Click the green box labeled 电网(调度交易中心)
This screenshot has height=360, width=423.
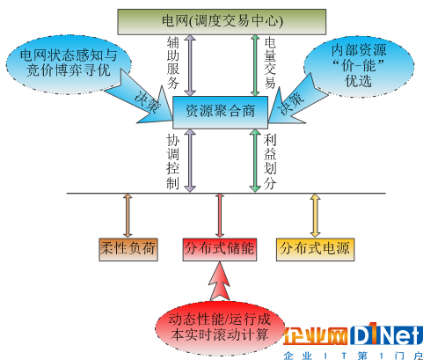pyautogui.click(x=222, y=22)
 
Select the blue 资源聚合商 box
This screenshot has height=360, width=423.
pyautogui.click(x=220, y=113)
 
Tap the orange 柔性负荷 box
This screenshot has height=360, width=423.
pyautogui.click(x=128, y=249)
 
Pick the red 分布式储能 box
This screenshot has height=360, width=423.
pyautogui.click(x=220, y=249)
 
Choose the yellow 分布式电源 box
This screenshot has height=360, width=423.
pyautogui.click(x=315, y=249)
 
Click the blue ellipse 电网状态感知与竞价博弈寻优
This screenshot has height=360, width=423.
pyautogui.click(x=68, y=64)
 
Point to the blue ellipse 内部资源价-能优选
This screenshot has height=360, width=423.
pyautogui.click(x=359, y=66)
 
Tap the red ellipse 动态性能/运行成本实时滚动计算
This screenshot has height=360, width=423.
pyautogui.click(x=220, y=327)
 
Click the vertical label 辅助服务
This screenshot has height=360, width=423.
pyautogui.click(x=173, y=62)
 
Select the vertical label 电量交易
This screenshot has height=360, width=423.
pyautogui.click(x=270, y=62)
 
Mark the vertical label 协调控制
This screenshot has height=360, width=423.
pyautogui.click(x=172, y=162)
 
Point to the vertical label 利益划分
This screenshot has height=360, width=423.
pyautogui.click(x=270, y=162)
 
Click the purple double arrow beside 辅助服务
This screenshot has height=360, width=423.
pyautogui.click(x=191, y=65)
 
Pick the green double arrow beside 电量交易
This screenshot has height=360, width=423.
pyautogui.click(x=255, y=65)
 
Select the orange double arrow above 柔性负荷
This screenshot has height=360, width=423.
pyautogui.click(x=128, y=216)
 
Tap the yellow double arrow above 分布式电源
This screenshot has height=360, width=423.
pyautogui.click(x=315, y=216)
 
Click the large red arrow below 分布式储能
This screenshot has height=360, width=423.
pyautogui.click(x=220, y=282)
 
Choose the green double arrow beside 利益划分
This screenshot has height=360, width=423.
pyautogui.click(x=255, y=161)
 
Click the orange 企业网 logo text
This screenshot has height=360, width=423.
pyautogui.click(x=316, y=336)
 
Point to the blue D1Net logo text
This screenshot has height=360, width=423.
pyautogui.click(x=386, y=334)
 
